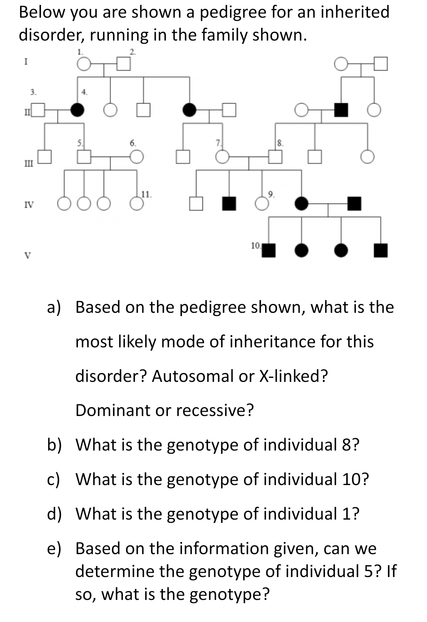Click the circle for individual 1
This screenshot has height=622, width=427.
tap(83, 64)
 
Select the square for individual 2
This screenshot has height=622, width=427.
tap(124, 64)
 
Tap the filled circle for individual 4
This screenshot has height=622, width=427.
tap(77, 109)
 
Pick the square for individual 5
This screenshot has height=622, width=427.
tap(84, 157)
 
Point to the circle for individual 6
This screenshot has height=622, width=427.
tap(137, 157)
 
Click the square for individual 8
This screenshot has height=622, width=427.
tap(275, 157)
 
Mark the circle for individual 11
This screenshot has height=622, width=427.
tap(136, 204)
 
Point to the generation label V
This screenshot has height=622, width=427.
tap(27, 255)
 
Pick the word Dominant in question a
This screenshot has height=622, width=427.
tap(117, 410)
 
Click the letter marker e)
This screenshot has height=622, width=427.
tap(54, 548)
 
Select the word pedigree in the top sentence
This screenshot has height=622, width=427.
tap(234, 12)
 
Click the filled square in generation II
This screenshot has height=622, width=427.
tap(341, 109)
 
